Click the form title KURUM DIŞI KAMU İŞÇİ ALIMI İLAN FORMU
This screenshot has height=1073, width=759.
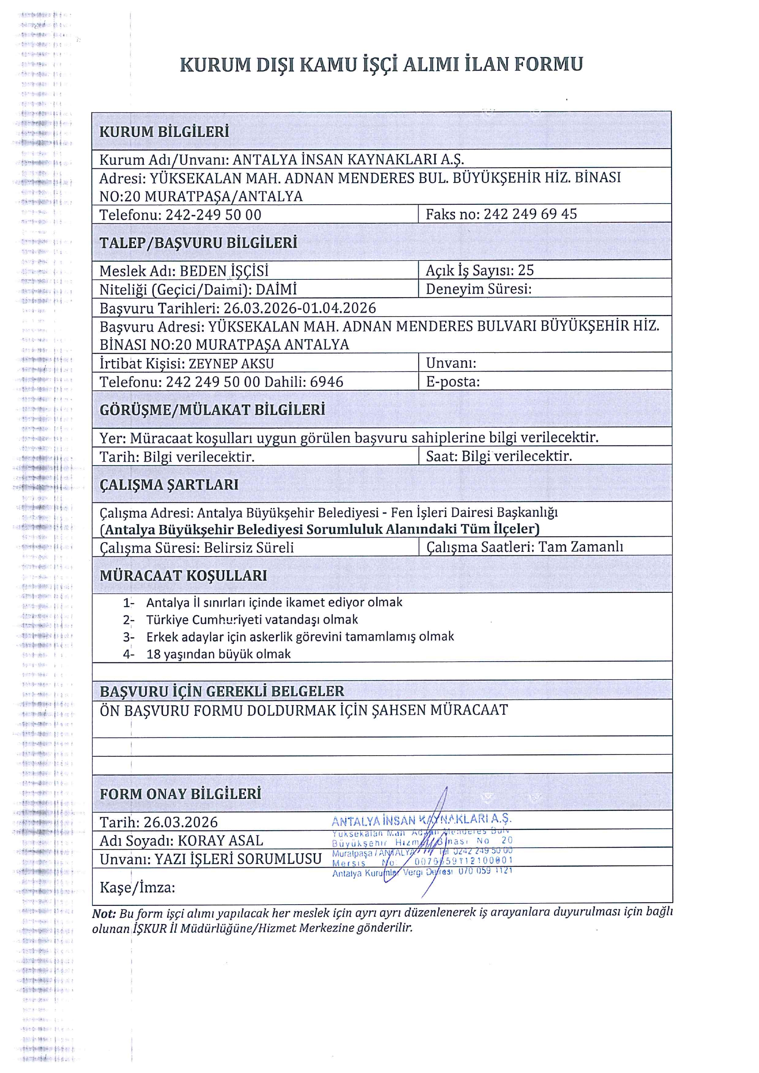[381, 64]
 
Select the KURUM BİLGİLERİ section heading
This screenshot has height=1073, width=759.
[164, 132]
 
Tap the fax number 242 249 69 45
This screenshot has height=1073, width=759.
[530, 214]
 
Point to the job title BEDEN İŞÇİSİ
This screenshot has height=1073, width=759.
[224, 271]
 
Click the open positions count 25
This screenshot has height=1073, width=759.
[526, 270]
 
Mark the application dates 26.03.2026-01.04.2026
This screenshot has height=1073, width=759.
[300, 308]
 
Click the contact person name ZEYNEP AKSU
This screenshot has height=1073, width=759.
[231, 363]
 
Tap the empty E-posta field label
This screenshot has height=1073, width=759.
[452, 382]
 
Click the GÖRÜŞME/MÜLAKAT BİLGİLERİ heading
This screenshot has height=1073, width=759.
[212, 410]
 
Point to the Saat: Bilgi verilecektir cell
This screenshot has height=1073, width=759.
[498, 456]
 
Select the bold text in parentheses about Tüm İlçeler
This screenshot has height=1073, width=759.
[320, 529]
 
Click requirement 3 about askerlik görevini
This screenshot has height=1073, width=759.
[300, 637]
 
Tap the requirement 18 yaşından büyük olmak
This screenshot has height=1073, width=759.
[218, 654]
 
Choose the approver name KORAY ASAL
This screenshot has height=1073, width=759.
[221, 841]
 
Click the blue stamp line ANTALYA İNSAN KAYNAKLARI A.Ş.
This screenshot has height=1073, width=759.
[421, 820]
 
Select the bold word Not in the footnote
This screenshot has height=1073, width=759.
[103, 914]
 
